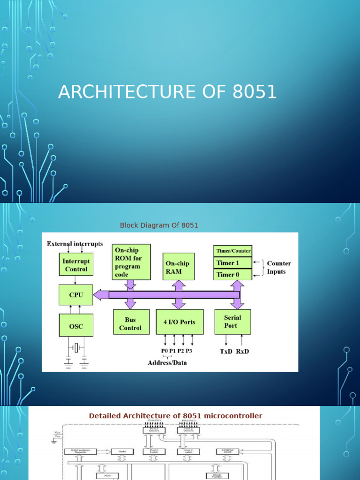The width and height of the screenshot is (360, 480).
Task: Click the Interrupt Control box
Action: point(75,264)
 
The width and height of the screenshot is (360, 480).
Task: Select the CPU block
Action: point(75,295)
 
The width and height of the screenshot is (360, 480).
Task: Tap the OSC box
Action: point(75,325)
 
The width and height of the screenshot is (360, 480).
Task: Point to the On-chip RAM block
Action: point(178,267)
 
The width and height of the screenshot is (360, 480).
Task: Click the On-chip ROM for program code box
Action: point(132,262)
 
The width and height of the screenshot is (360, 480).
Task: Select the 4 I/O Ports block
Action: point(180,322)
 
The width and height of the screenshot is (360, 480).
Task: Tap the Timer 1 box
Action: point(233,263)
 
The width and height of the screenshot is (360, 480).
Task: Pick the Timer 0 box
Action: point(233,274)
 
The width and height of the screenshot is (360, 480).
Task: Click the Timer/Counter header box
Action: point(233,251)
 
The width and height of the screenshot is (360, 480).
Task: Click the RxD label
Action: point(242,351)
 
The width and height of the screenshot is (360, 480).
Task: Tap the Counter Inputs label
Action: point(279,267)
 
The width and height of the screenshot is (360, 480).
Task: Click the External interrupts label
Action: point(75,244)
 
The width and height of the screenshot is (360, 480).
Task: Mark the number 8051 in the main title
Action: point(255,92)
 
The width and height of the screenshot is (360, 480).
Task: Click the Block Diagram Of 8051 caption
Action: point(159,225)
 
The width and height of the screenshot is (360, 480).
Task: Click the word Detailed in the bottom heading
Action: point(104,416)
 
